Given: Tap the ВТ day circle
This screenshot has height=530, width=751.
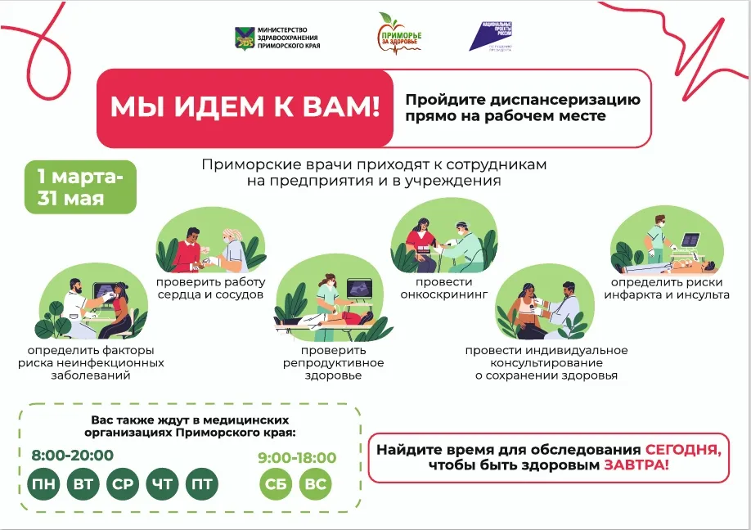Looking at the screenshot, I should pyautogui.click(x=83, y=484).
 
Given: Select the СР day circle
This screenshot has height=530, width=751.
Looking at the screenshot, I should pyautogui.click(x=123, y=484).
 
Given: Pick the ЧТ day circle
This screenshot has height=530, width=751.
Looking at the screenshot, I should pyautogui.click(x=162, y=484).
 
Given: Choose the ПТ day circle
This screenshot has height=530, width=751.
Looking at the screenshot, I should pyautogui.click(x=202, y=484).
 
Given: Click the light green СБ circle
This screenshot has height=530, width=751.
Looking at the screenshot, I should pyautogui.click(x=276, y=484).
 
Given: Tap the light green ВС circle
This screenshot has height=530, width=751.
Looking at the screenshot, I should pyautogui.click(x=315, y=484).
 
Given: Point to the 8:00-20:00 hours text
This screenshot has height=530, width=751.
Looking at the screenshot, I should pyautogui.click(x=72, y=456).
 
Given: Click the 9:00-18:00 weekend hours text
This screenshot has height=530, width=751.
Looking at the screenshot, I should pyautogui.click(x=297, y=457).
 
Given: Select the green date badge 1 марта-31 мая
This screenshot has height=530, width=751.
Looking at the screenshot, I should pyautogui.click(x=80, y=187).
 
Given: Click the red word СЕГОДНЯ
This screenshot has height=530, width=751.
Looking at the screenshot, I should pyautogui.click(x=683, y=450).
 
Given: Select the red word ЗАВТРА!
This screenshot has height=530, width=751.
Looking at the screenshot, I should pyautogui.click(x=636, y=465).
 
